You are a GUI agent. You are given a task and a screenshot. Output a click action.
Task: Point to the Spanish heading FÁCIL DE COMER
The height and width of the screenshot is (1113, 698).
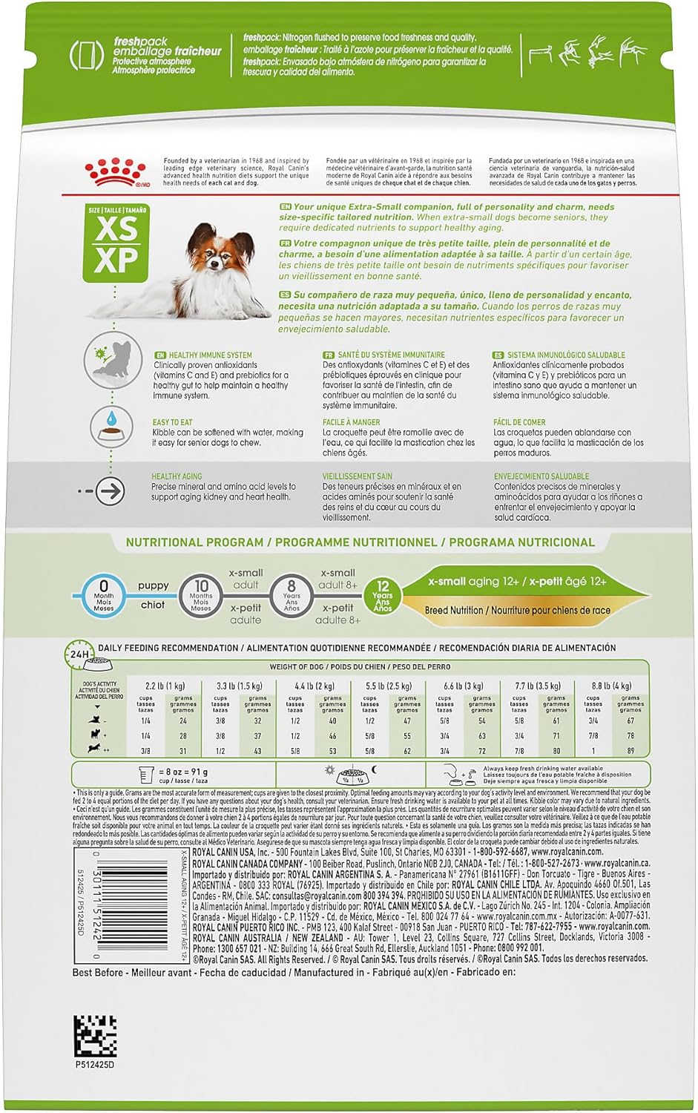pos(519,422)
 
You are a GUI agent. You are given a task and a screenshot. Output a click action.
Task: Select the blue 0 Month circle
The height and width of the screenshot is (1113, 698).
pos(104,596)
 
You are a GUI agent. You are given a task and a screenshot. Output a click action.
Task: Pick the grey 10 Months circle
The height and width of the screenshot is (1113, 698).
pos(201,596)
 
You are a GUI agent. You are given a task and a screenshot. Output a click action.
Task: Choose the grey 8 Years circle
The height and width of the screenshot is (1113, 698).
pos(292,596)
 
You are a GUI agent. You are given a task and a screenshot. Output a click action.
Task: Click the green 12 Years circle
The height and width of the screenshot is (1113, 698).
pos(383,596)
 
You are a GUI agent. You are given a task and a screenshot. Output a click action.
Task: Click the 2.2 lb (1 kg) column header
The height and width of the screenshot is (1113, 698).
pos(165,686)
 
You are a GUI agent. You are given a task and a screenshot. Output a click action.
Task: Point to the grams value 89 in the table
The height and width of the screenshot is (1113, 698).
pos(630,750)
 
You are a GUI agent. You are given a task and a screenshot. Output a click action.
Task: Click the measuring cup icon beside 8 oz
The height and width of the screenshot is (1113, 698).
pos(146,775)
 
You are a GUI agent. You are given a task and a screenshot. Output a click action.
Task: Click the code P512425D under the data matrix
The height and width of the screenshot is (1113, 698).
pos(95,1065)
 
